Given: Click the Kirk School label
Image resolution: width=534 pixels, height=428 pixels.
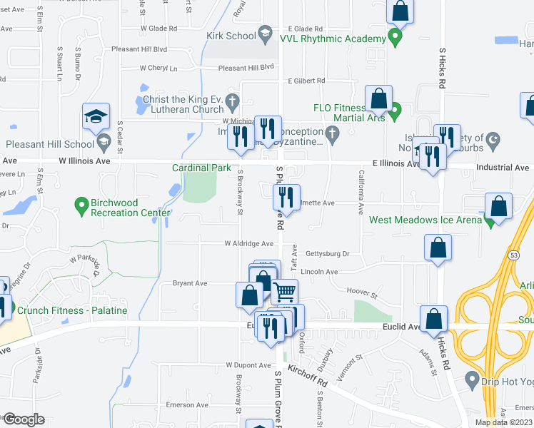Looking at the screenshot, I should coord(231,35).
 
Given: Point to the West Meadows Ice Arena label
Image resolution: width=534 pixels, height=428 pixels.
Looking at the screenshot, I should coord(425,220).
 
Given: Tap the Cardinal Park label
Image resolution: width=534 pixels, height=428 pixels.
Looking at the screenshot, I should coord(201,168).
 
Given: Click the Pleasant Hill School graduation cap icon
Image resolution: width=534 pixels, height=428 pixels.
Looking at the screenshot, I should coord(96,116).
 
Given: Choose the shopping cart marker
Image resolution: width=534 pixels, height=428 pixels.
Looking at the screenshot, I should coord(284,291).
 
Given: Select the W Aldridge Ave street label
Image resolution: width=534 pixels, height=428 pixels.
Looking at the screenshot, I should coord(249,243).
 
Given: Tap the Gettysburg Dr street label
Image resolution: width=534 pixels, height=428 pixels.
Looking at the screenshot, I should coord(327,253).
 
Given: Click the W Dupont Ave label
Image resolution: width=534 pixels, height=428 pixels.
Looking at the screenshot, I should coord(249,365).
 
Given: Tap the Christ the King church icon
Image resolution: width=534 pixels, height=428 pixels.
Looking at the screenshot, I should coord(233,103).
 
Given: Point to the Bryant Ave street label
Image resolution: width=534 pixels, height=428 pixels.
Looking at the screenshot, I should coord(190,283).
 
